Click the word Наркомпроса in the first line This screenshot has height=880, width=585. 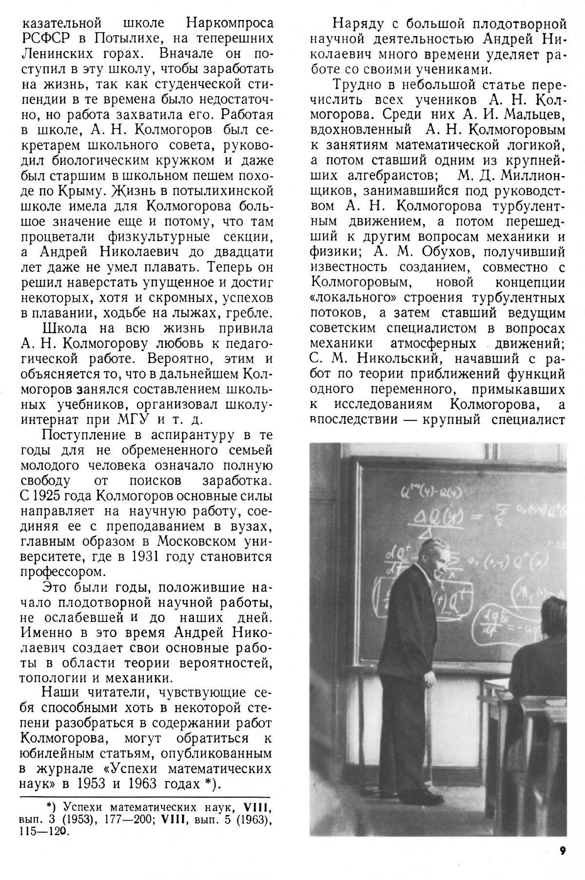click(x=228, y=23)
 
